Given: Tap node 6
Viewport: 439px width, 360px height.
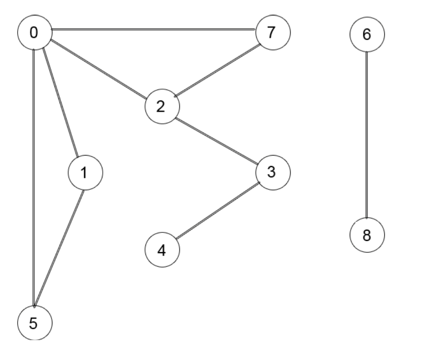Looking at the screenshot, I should click(367, 35).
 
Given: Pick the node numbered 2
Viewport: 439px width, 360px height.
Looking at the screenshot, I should click(162, 107).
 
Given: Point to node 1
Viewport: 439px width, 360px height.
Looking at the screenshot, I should click(85, 173).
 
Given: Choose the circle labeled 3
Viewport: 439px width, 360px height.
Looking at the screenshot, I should click(273, 172).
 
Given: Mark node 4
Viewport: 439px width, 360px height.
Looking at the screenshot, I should click(162, 250).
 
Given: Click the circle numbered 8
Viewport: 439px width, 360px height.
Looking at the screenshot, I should click(367, 235).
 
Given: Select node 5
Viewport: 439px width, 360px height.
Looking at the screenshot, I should click(34, 323).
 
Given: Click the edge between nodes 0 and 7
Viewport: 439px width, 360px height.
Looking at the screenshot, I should click(154, 30).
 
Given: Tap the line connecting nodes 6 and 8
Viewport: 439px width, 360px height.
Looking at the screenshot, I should click(367, 135).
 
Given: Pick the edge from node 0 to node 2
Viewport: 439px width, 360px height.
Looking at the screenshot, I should click(99, 69).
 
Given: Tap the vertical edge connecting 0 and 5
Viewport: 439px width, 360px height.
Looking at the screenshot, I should click(33, 177).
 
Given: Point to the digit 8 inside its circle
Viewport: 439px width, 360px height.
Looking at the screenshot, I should click(367, 235).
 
